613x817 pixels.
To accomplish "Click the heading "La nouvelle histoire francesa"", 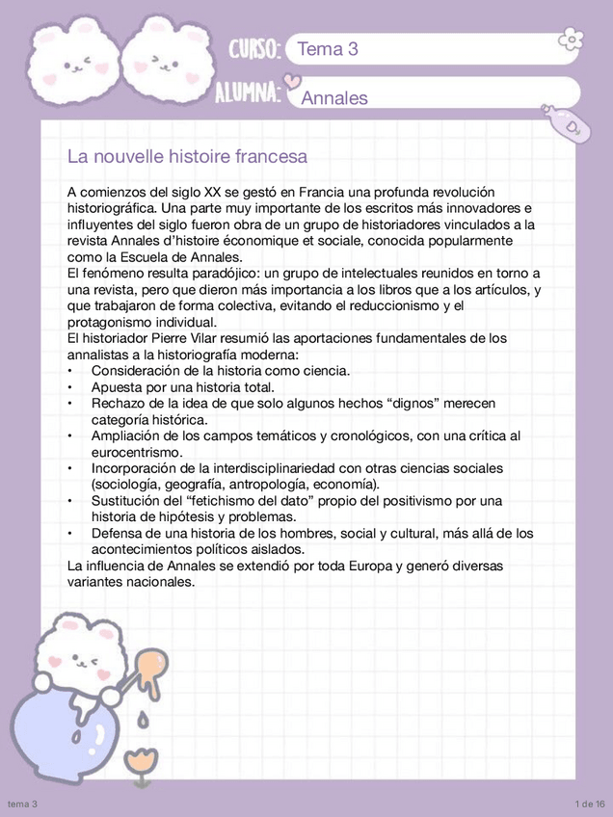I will click(x=187, y=156).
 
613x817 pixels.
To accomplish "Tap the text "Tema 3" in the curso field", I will click(x=328, y=49).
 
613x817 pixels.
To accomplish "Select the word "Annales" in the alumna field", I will click(x=334, y=97).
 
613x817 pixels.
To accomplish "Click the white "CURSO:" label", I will click(x=254, y=49).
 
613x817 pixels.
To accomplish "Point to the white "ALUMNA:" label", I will click(x=248, y=92).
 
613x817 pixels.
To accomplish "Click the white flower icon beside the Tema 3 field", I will click(x=572, y=40).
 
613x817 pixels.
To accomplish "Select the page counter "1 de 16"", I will click(x=588, y=804).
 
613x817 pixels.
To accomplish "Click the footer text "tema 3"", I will click(x=22, y=804).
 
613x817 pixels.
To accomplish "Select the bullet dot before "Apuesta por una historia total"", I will click(x=70, y=387).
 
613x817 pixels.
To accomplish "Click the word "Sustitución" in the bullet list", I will click(x=128, y=500).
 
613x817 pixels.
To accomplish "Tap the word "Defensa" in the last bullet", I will click(x=118, y=533).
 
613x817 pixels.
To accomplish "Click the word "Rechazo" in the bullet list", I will click(x=118, y=403).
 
